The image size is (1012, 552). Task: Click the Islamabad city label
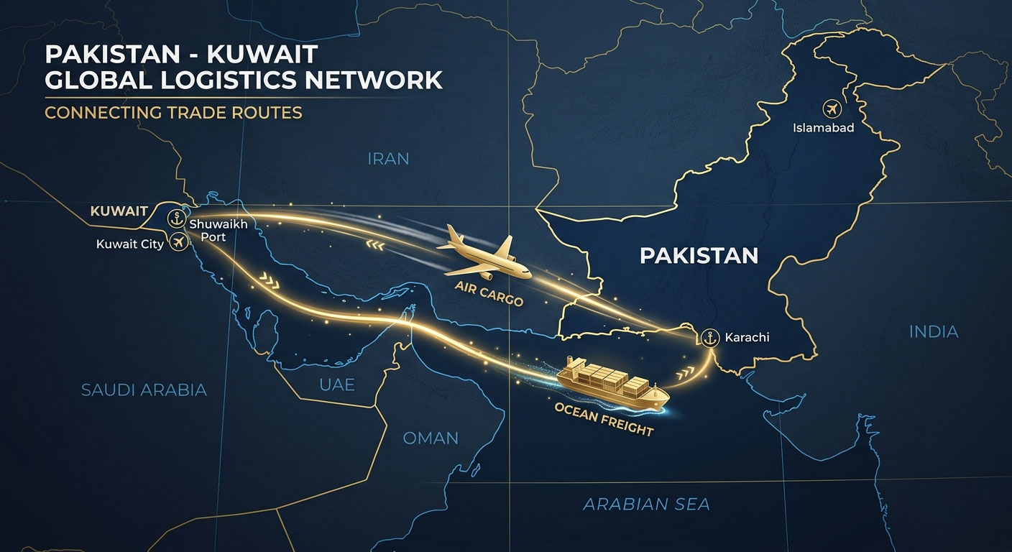[823, 128]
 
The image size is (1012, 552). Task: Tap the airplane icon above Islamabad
[832, 110]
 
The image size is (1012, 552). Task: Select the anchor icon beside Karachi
[709, 336]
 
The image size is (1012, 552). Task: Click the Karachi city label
[747, 336]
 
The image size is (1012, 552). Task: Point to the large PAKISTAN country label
[699, 255]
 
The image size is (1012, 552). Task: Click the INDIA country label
[934, 331]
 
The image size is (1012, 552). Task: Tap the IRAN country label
[387, 158]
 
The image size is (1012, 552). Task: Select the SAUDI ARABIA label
[144, 390]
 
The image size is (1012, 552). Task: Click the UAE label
[337, 385]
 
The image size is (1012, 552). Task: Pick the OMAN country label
[431, 437]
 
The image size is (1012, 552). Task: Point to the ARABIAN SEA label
[646, 504]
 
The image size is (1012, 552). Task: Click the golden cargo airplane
[485, 255]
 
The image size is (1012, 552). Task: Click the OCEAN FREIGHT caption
[604, 419]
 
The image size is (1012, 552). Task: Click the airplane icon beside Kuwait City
[178, 244]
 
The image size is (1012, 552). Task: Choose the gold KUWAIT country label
[119, 211]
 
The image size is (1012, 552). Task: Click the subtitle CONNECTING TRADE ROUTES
[173, 113]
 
